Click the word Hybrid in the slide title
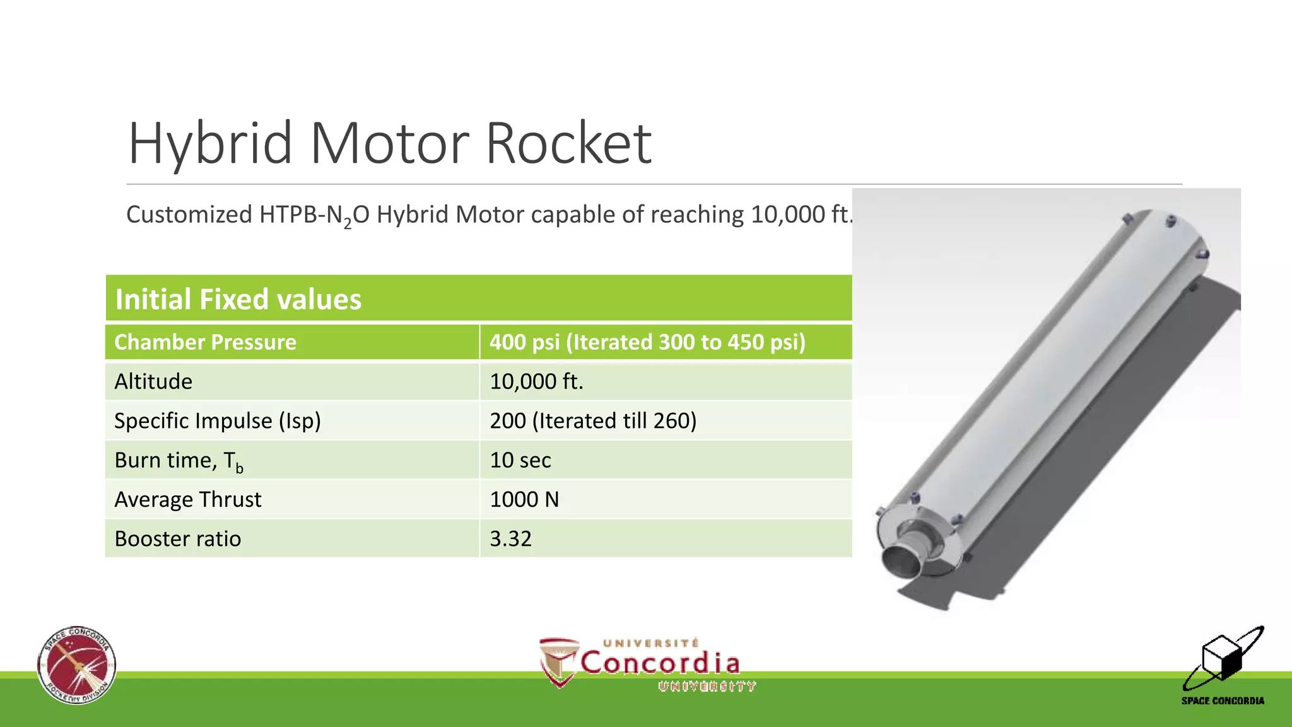tap(210, 144)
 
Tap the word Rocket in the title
tap(568, 144)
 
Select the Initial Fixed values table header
tap(238, 299)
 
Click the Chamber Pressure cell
tap(205, 342)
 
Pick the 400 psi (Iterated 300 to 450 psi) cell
tap(647, 342)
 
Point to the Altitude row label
tap(153, 381)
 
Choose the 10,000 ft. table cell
tap(536, 381)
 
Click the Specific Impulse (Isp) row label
tap(218, 420)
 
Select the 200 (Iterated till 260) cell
tap(593, 420)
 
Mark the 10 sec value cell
tap(520, 460)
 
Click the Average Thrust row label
tap(188, 499)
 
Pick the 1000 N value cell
tap(524, 499)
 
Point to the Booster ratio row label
tap(178, 538)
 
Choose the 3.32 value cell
tap(510, 538)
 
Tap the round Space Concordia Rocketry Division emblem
tap(76, 665)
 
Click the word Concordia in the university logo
tap(659, 663)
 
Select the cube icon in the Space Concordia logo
tap(1222, 657)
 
